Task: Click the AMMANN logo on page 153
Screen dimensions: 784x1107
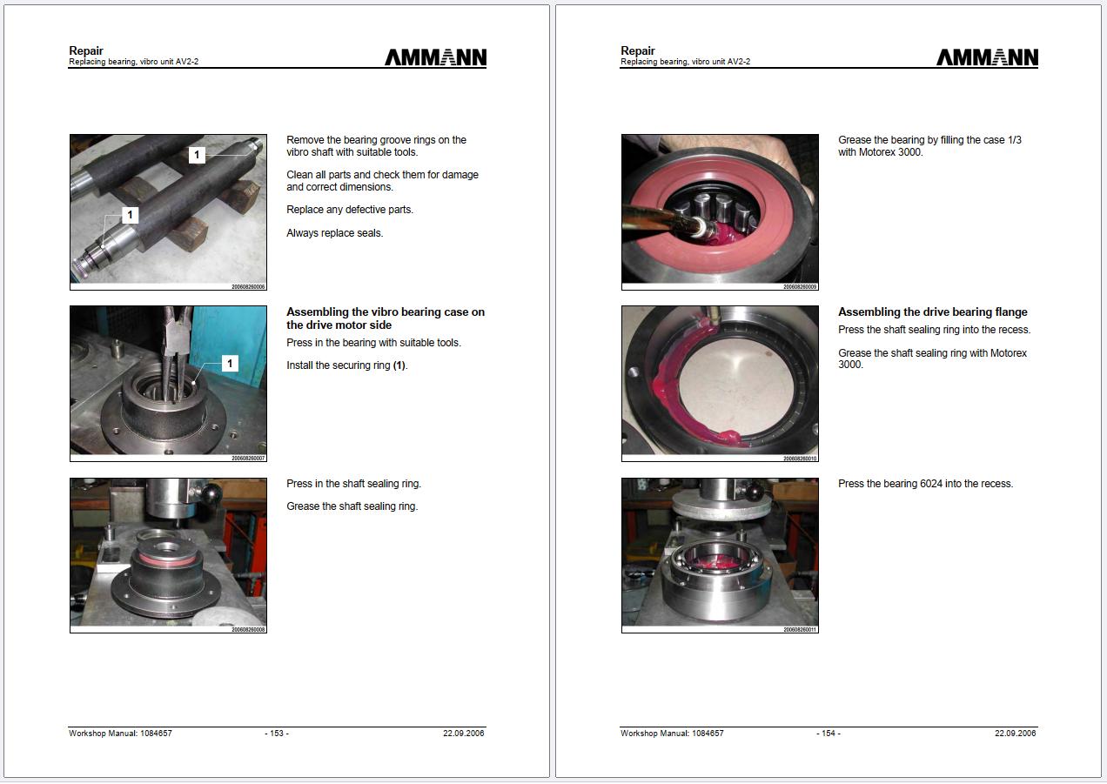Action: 435,57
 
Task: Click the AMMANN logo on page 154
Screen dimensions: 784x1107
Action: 987,57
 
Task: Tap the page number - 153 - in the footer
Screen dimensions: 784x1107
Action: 277,734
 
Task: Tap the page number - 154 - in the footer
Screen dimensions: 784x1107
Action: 829,734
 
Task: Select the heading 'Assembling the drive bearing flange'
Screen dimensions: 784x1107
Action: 932,312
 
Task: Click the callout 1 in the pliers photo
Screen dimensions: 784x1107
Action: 230,363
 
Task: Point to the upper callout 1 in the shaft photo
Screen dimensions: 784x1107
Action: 198,155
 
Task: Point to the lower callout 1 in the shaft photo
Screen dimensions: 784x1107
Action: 131,215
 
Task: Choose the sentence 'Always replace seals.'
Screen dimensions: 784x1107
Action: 334,233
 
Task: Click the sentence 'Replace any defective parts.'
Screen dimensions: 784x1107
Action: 350,210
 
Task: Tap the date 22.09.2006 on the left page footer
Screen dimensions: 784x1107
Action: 463,734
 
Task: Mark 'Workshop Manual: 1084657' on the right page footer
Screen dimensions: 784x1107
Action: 672,734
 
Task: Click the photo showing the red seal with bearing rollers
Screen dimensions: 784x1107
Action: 720,211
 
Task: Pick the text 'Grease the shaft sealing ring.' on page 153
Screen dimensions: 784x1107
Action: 352,506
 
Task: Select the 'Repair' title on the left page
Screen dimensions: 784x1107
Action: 86,50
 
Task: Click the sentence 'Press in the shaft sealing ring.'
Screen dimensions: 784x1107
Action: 353,484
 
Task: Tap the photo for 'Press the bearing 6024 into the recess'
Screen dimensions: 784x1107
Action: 720,554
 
